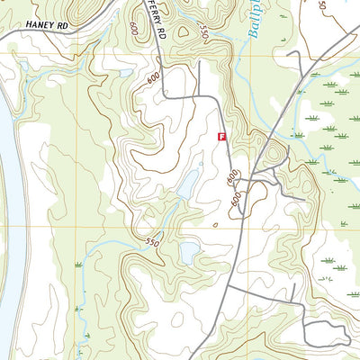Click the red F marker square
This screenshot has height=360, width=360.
tap(221, 136)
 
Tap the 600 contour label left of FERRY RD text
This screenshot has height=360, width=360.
tap(132, 29)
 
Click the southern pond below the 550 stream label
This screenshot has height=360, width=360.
tap(190, 253)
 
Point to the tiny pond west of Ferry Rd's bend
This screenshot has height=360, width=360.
tap(126, 74)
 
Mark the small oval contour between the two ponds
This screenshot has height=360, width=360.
tap(215, 224)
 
